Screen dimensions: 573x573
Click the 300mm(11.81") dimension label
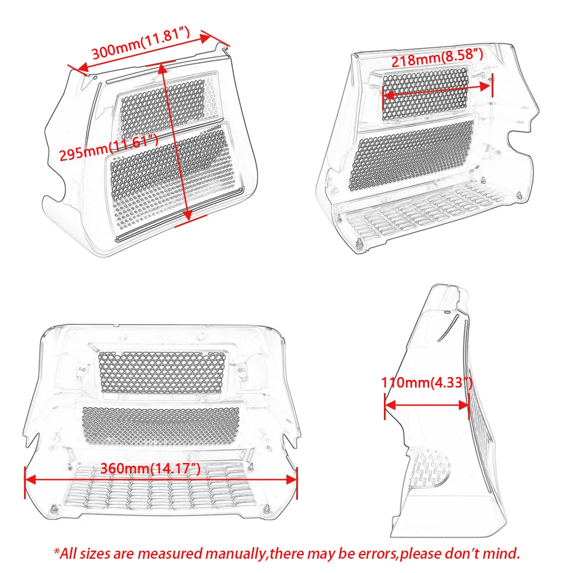[141, 43]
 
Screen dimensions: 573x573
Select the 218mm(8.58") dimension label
[437, 58]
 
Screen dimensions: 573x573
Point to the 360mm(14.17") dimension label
[150, 468]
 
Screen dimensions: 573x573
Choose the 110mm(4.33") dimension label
[426, 383]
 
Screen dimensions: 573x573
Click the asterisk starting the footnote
[57, 550]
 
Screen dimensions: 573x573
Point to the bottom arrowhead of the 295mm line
[187, 216]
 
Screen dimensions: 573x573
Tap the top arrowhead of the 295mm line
[163, 69]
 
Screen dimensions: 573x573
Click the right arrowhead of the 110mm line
[463, 405]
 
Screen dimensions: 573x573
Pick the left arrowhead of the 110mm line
[390, 405]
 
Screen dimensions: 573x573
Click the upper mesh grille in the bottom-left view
[161, 372]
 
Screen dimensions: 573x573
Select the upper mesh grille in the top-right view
[425, 94]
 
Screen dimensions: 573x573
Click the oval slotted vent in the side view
[430, 469]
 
